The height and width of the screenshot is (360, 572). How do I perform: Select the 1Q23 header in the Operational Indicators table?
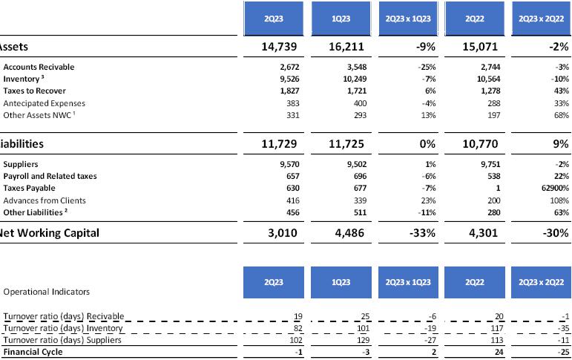pyautogui.click(x=341, y=283)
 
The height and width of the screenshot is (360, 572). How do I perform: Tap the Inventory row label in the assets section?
pyautogui.click(x=24, y=79)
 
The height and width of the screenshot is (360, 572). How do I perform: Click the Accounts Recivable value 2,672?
pyautogui.click(x=287, y=67)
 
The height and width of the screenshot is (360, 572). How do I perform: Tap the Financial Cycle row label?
pyautogui.click(x=33, y=352)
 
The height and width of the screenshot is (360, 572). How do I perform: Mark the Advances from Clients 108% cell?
pyautogui.click(x=558, y=200)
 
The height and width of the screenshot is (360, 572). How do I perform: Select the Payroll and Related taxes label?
pyautogui.click(x=50, y=177)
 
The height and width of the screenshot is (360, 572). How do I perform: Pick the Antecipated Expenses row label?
pyautogui.click(x=44, y=103)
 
